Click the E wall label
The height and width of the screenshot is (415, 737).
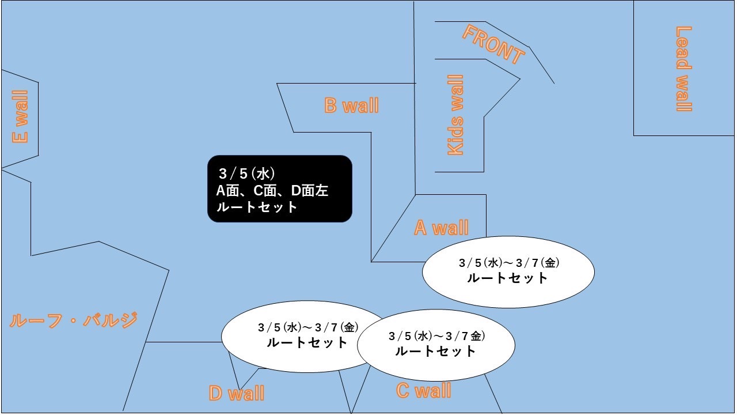[x=20, y=116]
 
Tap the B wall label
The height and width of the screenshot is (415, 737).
[x=351, y=105]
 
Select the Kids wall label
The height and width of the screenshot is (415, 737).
[x=455, y=115]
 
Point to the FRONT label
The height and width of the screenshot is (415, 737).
[x=493, y=45]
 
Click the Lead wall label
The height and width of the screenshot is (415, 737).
[x=683, y=69]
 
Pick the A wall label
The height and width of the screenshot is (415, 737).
[x=441, y=228]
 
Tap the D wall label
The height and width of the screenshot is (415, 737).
[x=237, y=393]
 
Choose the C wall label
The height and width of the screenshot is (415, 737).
[x=423, y=391]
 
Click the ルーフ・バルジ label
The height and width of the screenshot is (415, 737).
[x=74, y=320]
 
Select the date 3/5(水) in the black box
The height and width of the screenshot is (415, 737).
[x=247, y=173]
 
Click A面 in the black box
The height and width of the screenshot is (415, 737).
[x=227, y=191]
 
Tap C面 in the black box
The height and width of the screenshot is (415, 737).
[x=265, y=191]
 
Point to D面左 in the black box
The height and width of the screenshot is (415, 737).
[x=310, y=191]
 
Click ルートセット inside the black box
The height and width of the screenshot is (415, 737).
[x=257, y=207]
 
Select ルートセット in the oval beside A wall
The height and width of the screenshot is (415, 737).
[x=507, y=278]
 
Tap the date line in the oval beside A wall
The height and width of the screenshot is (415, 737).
[x=509, y=263]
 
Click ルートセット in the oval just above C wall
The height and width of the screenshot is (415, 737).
[x=435, y=351]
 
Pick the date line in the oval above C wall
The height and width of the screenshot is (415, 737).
[x=436, y=336]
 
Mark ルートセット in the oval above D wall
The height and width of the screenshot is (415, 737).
[x=307, y=342]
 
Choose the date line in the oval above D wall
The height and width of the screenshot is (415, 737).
[x=308, y=327]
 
